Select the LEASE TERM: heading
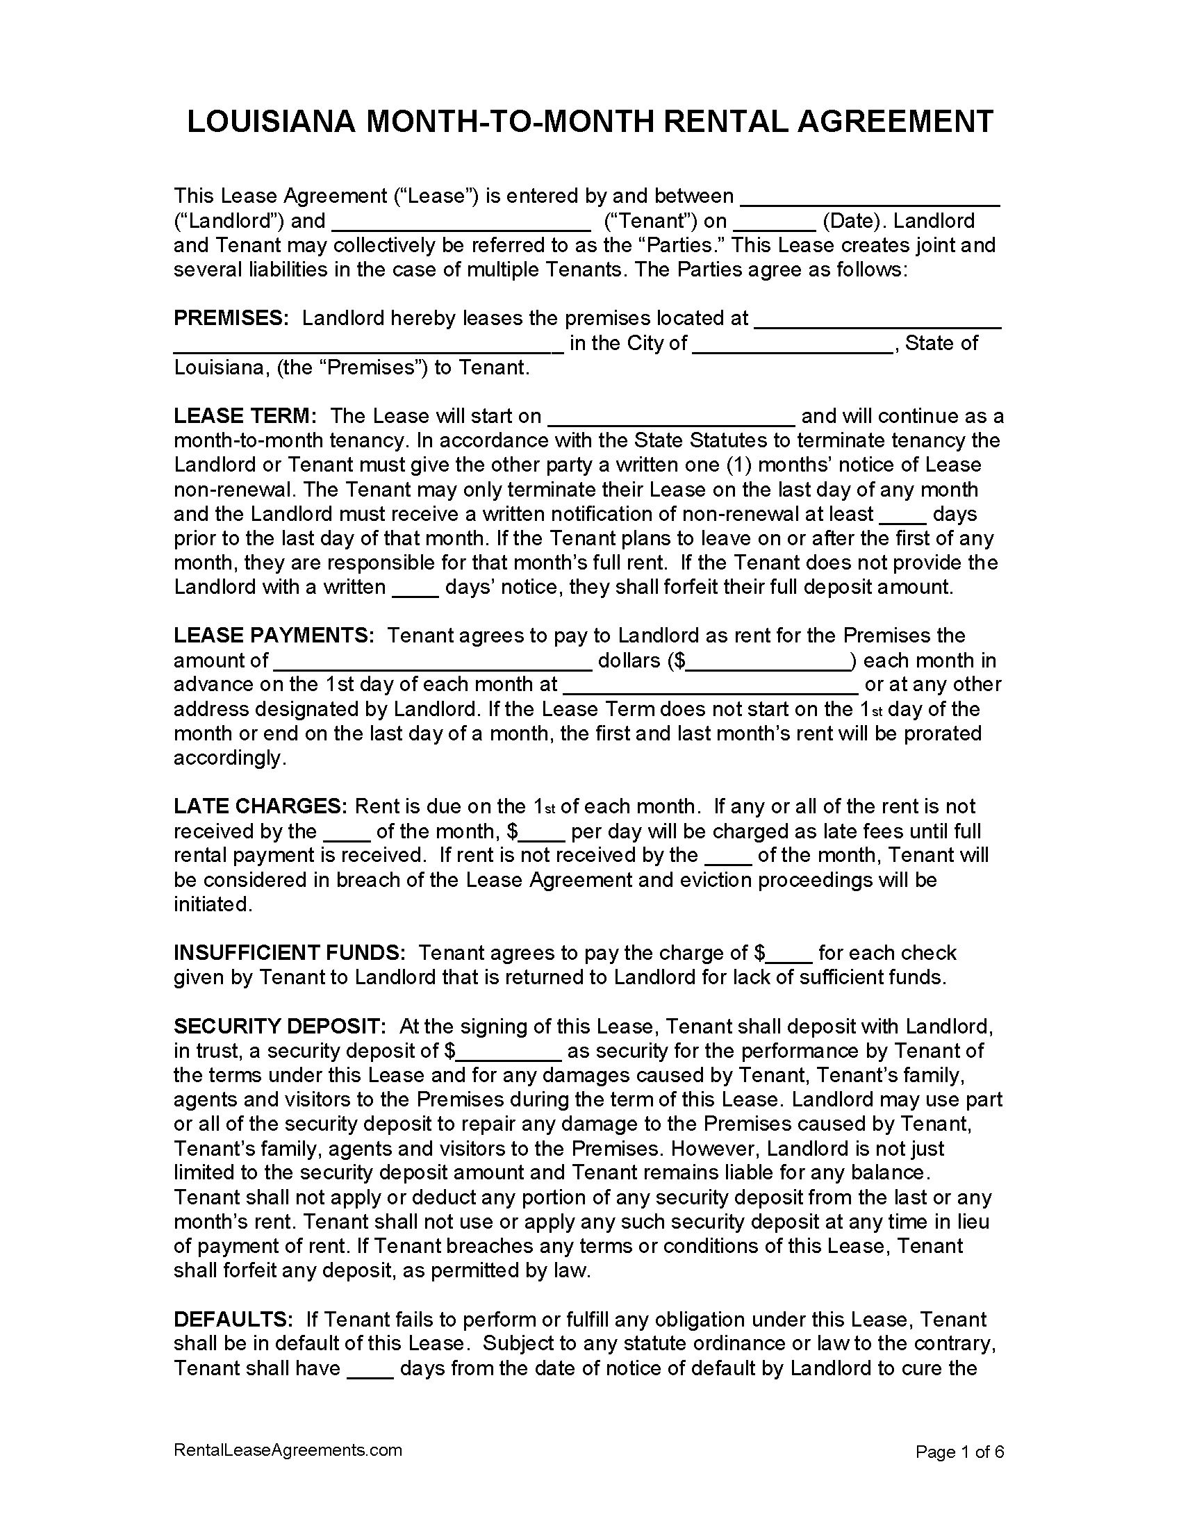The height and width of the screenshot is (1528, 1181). [x=245, y=416]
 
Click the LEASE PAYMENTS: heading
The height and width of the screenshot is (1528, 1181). [x=274, y=636]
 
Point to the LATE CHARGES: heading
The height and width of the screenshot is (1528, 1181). [x=260, y=806]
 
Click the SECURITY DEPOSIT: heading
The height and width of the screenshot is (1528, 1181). [x=279, y=1027]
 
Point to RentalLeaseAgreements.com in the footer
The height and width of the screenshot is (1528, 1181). [x=288, y=1450]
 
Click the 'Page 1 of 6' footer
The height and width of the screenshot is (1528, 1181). [x=959, y=1452]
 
